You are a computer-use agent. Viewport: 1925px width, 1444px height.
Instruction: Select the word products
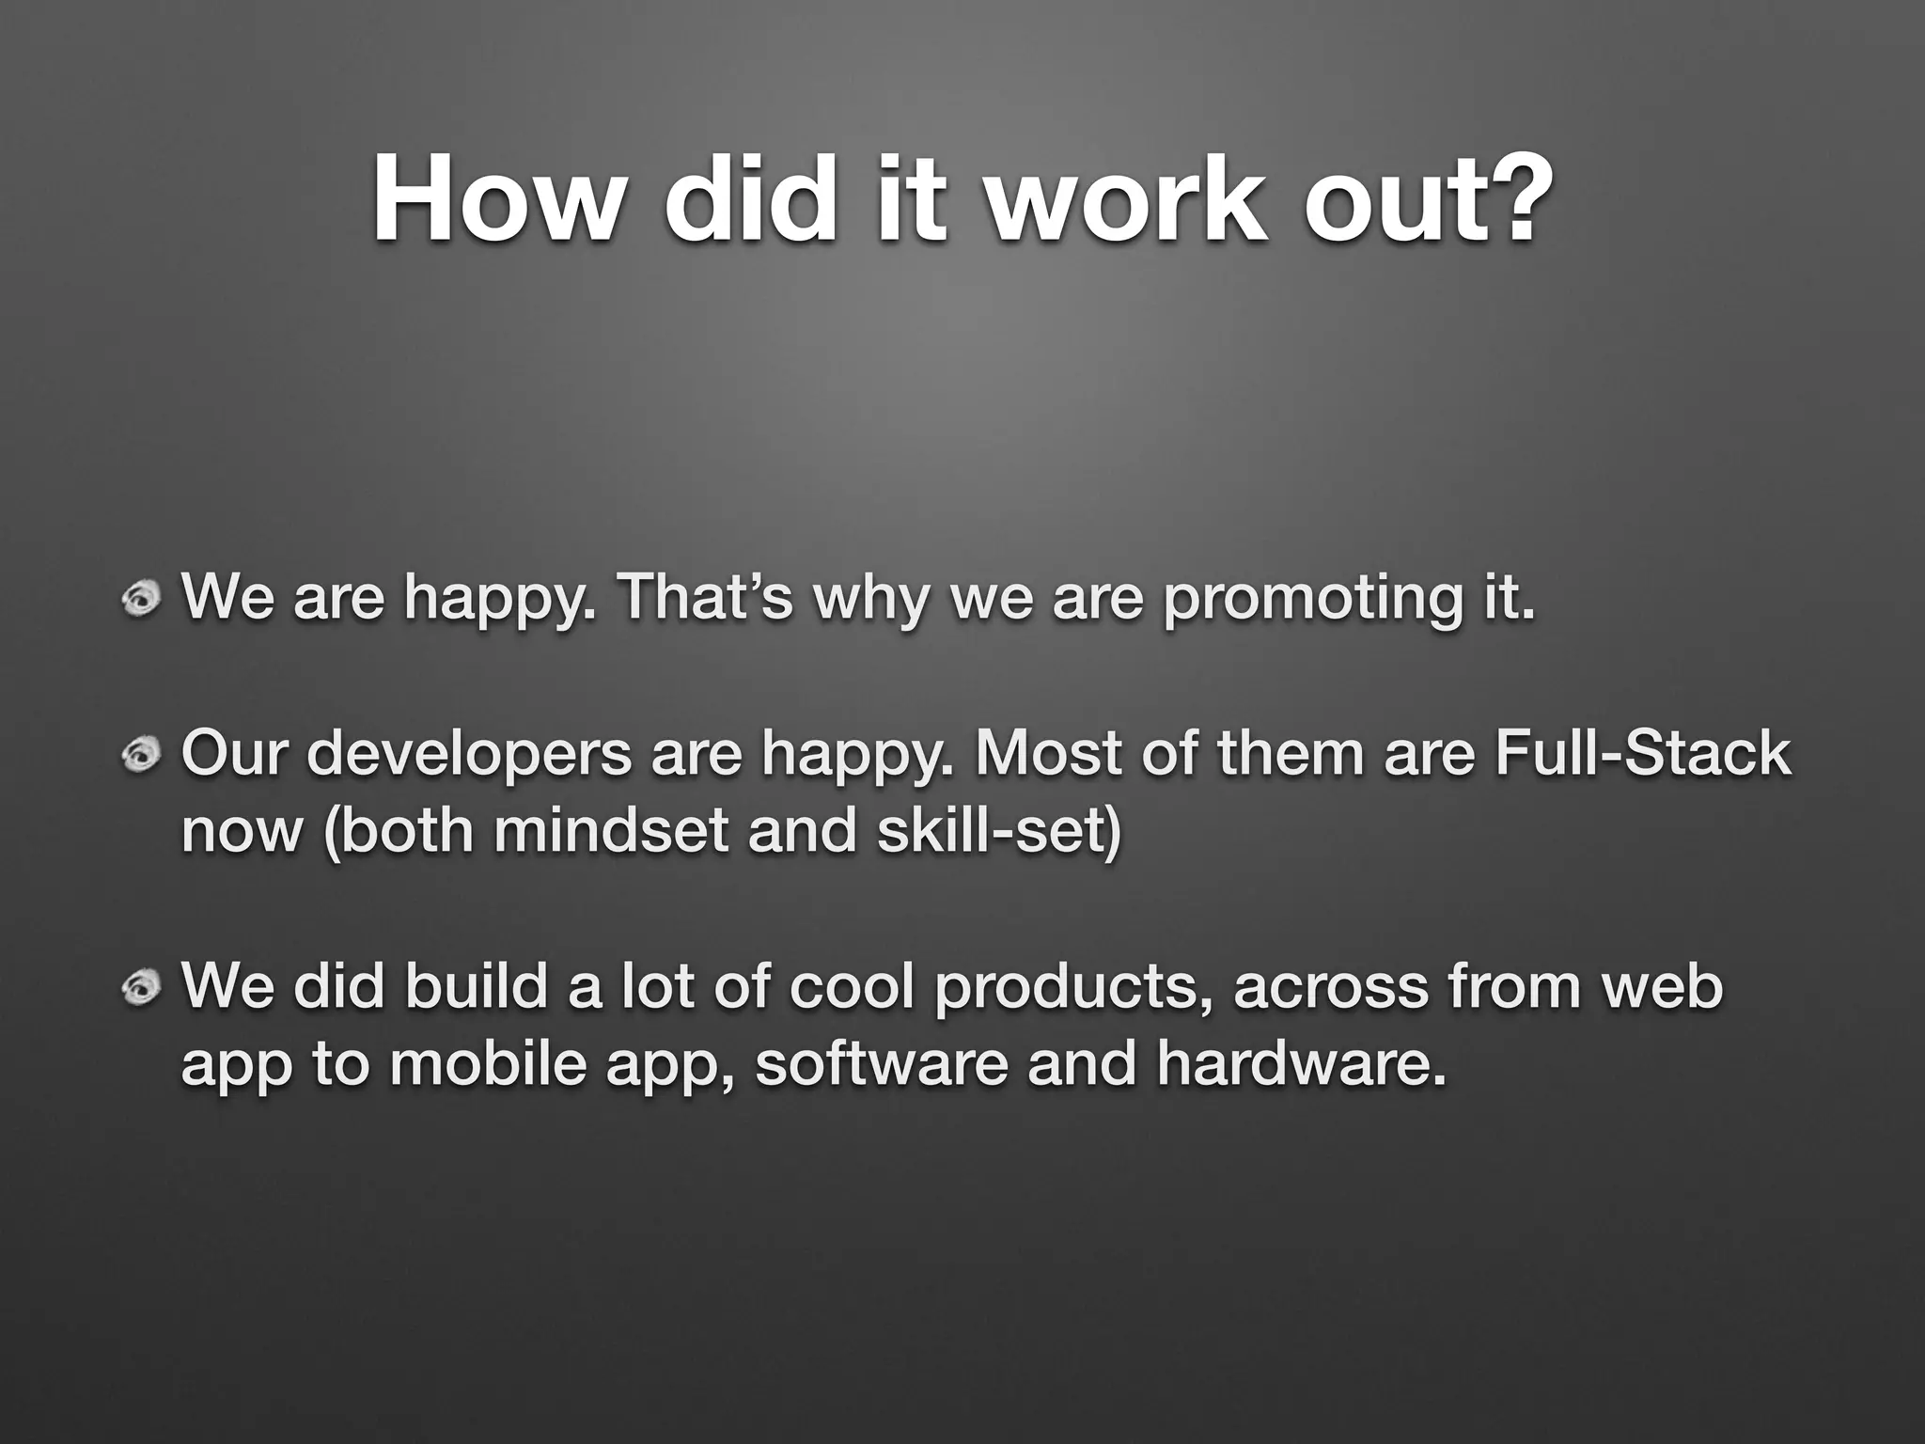pos(1072,988)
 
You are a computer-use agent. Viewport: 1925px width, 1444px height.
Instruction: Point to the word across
pos(1331,986)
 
